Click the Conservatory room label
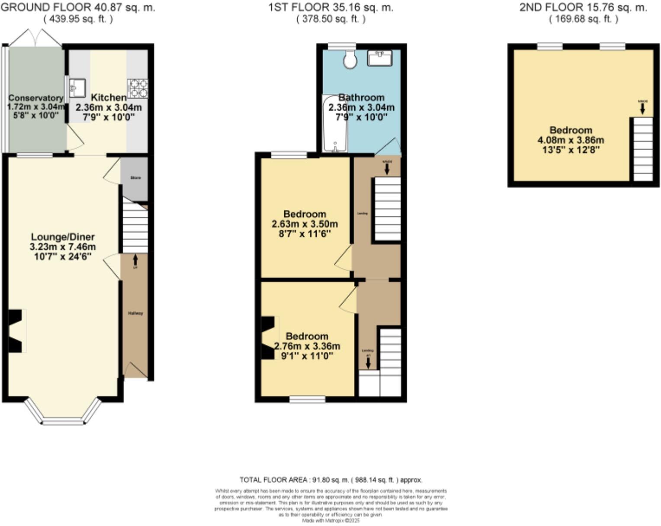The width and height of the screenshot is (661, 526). pyautogui.click(x=35, y=98)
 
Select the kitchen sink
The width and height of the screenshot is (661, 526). pyautogui.click(x=77, y=88)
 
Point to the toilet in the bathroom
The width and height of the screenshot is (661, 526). pyautogui.click(x=350, y=59)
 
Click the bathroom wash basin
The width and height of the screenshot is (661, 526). pyautogui.click(x=379, y=58)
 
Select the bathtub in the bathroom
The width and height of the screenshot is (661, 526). pyautogui.click(x=334, y=125)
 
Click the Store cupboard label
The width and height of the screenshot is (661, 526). pyautogui.click(x=135, y=178)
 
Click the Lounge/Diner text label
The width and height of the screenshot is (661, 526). pyautogui.click(x=63, y=237)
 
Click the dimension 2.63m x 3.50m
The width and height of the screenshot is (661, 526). pyautogui.click(x=305, y=224)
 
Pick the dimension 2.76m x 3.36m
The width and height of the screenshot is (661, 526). pyautogui.click(x=307, y=346)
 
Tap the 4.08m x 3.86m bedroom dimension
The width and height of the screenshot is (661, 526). pyautogui.click(x=571, y=140)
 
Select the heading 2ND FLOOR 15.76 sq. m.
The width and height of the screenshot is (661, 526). pyautogui.click(x=583, y=7)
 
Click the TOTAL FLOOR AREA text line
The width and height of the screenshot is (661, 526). pyautogui.click(x=331, y=480)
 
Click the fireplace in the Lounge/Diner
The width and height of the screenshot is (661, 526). pyautogui.click(x=16, y=331)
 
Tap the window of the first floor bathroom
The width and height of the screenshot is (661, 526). pyautogui.click(x=341, y=45)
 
